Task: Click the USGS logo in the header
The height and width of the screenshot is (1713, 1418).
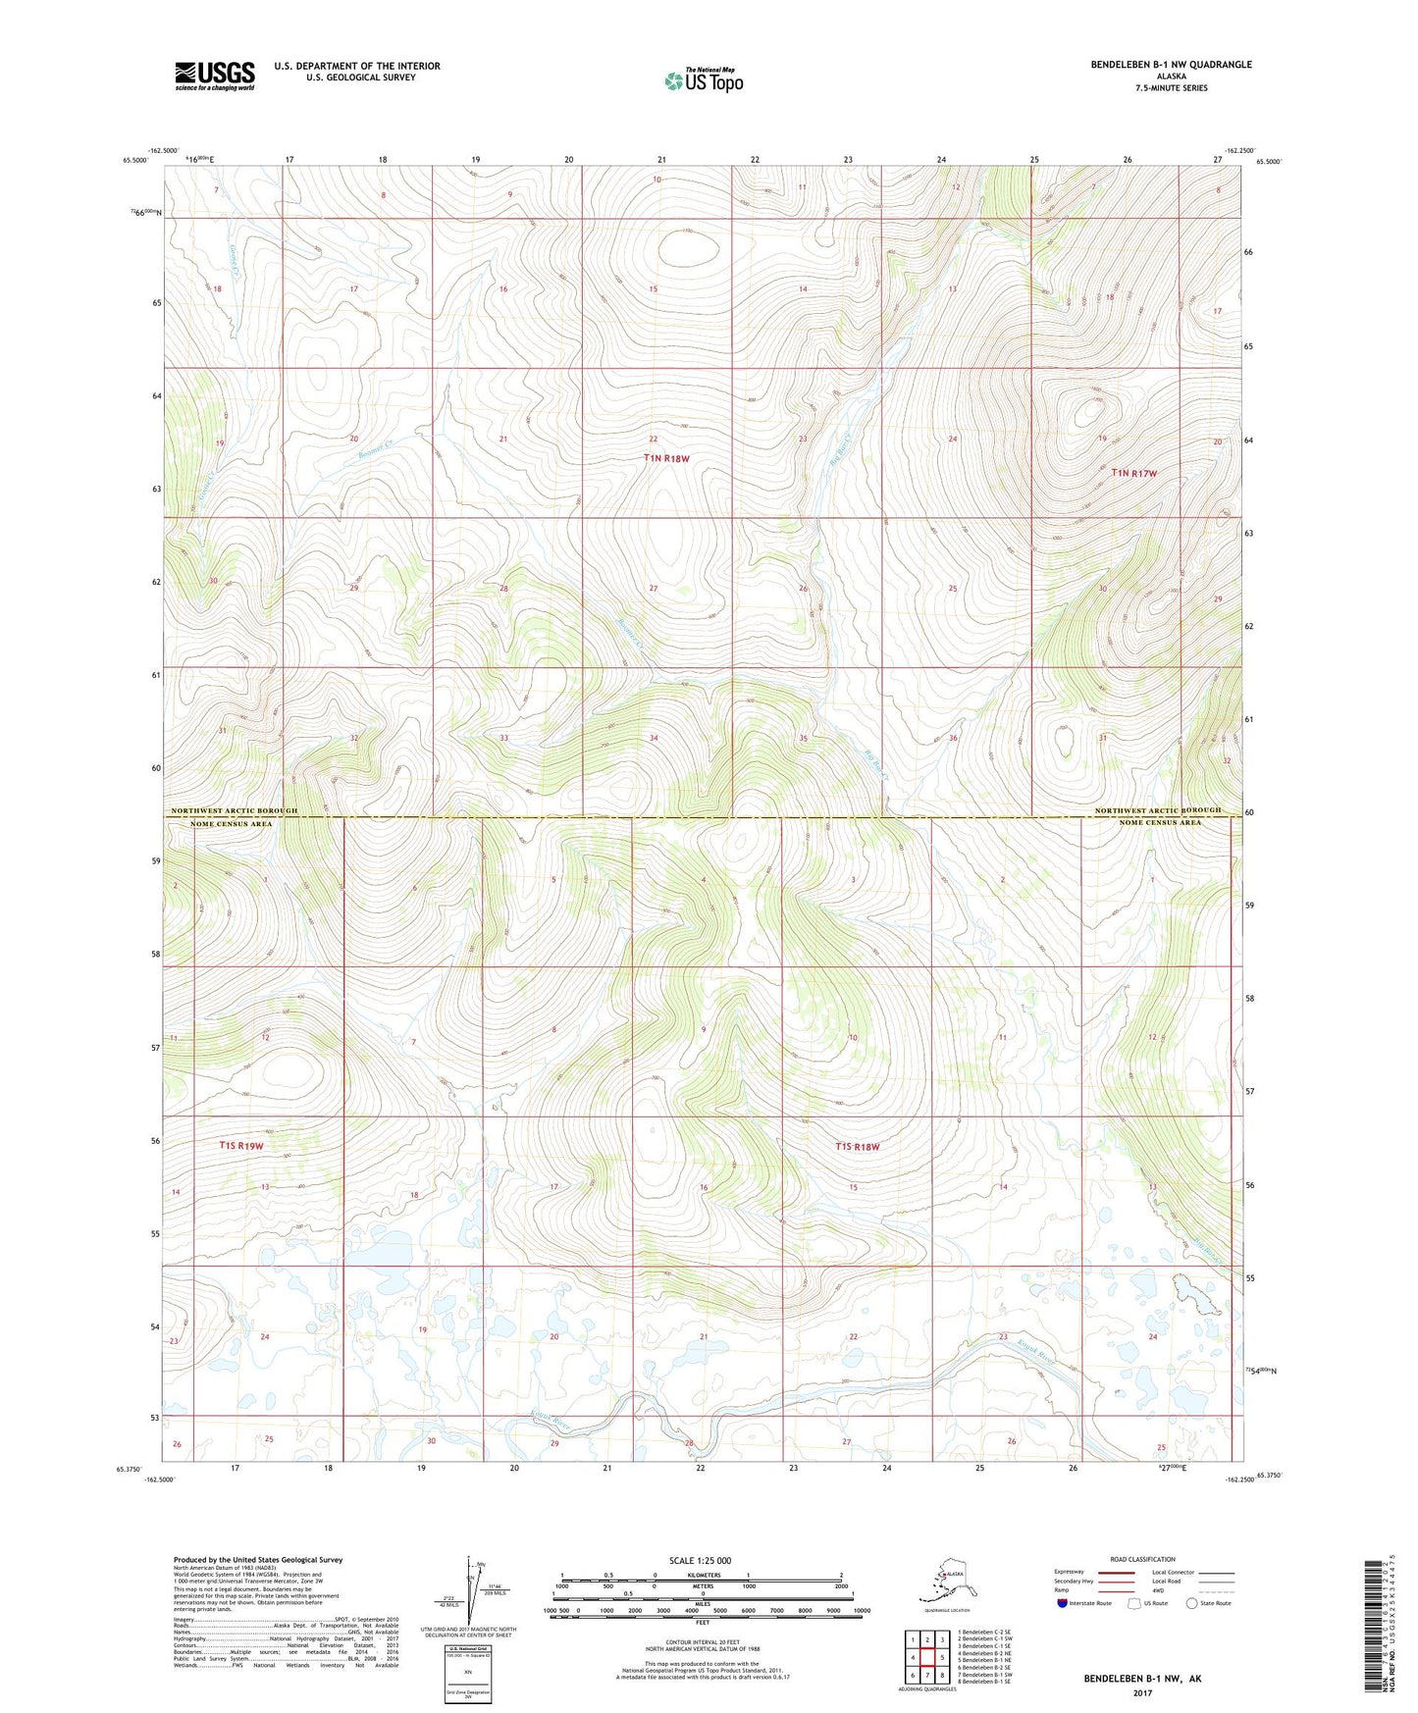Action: click(x=214, y=76)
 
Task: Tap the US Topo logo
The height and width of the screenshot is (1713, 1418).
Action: click(x=704, y=80)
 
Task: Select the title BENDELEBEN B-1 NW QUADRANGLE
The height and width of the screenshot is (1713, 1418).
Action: click(x=1171, y=65)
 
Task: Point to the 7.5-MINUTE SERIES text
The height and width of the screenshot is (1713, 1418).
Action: click(x=1171, y=88)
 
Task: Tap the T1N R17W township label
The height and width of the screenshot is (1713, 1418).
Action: click(x=1133, y=473)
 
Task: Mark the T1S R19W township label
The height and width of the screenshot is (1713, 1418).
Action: click(x=241, y=1146)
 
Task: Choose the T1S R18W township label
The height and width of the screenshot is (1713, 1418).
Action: click(x=858, y=1146)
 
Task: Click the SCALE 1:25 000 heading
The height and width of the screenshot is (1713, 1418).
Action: click(x=700, y=1561)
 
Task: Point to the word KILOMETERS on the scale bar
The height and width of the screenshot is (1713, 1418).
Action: click(x=701, y=1576)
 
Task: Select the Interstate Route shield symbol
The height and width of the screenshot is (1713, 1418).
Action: click(x=1063, y=1604)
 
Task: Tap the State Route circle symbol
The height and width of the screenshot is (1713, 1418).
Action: click(x=1192, y=1604)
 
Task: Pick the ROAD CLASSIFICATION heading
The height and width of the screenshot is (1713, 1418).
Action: click(x=1142, y=1559)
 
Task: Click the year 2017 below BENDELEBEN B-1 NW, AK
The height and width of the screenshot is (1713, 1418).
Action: click(x=1142, y=1692)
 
